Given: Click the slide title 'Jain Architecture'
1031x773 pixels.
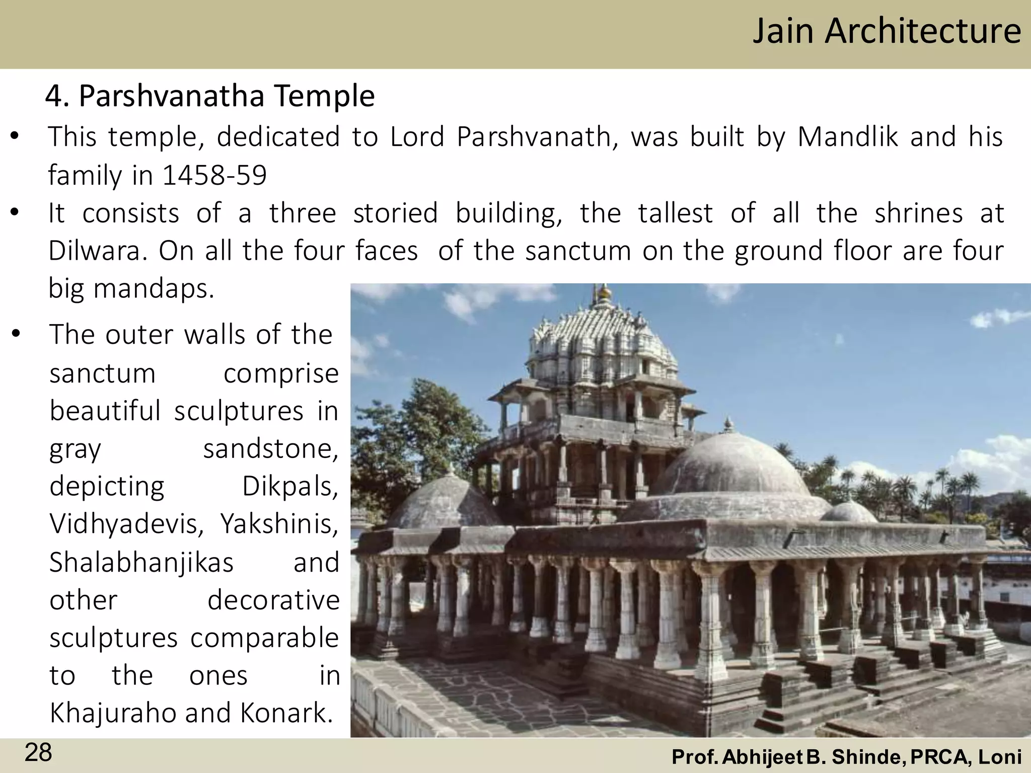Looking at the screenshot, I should [x=887, y=31].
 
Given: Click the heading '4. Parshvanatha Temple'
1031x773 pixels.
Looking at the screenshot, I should [x=210, y=96].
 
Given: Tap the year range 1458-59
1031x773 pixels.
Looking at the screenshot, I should [x=214, y=175].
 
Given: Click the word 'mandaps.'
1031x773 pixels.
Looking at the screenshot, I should [x=154, y=288].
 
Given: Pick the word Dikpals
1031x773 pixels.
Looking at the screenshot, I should [x=290, y=486].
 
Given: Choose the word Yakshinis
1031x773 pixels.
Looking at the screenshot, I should [x=279, y=524].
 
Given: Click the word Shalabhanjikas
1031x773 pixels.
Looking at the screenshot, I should [x=141, y=562].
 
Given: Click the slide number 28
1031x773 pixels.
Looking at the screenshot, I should [x=38, y=753].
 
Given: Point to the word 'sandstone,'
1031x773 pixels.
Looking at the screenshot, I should [x=271, y=448].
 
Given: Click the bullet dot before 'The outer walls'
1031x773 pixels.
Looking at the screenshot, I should [x=16, y=334].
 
